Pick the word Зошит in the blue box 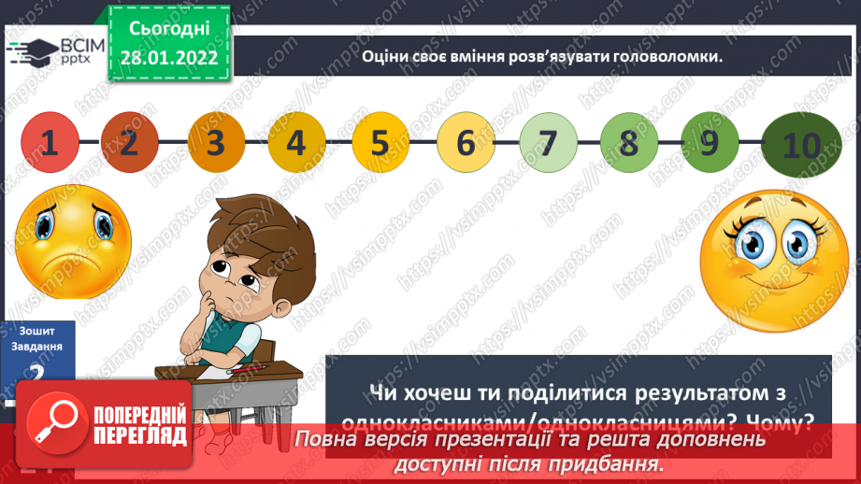click(x=41, y=331)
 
